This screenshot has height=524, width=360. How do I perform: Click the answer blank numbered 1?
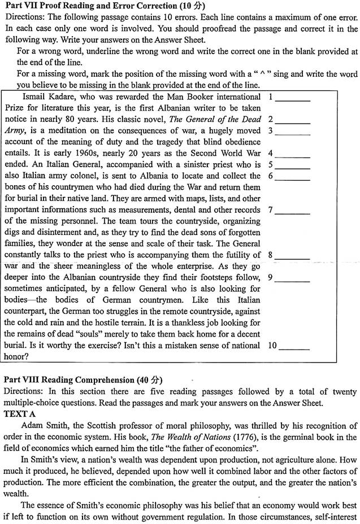click(293, 98)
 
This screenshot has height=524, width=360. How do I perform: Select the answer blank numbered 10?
click(293, 345)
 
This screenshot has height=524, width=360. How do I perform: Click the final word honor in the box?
click(16, 356)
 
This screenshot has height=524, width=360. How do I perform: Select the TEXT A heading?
click(20, 413)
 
